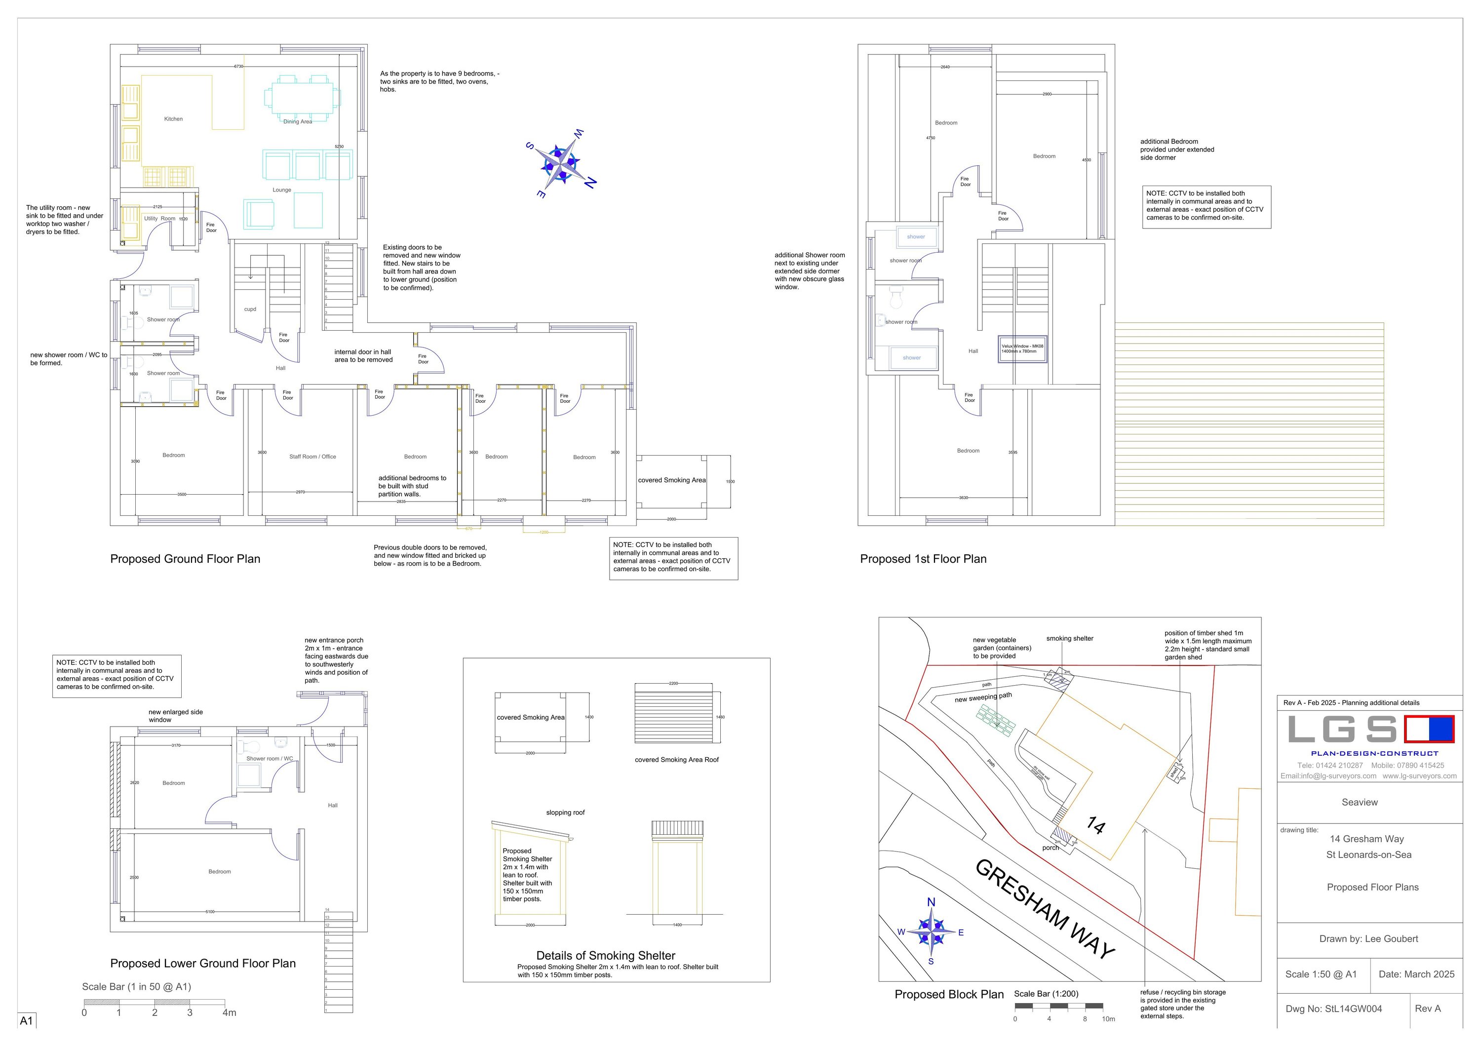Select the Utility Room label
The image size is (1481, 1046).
159,219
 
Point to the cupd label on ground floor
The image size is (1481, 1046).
250,310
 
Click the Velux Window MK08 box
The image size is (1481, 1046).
1022,349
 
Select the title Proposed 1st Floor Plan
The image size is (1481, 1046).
923,559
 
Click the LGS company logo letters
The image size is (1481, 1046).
1342,730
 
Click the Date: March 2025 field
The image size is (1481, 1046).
1416,974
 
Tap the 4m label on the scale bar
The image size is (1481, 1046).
229,1012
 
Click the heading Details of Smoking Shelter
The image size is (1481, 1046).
606,956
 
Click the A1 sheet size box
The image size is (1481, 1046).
27,1021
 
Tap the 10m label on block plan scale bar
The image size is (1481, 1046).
1108,1019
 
